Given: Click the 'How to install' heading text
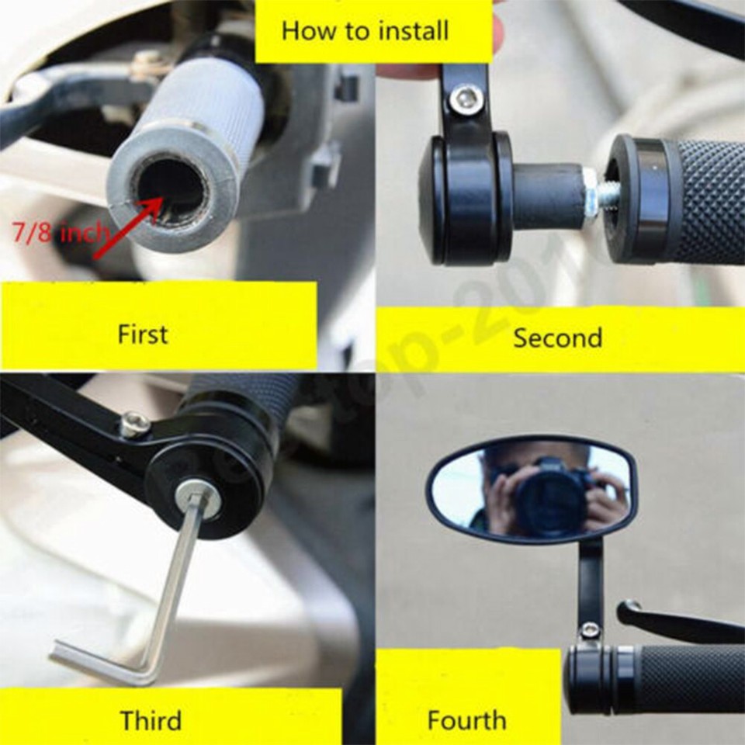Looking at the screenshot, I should point(365,31).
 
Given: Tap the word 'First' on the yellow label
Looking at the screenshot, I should point(142,334).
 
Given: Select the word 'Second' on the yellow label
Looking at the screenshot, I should point(557,338).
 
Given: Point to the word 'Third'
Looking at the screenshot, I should point(151,720).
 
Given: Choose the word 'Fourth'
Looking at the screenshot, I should point(466,720).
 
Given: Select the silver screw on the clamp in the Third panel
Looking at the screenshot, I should point(134,424).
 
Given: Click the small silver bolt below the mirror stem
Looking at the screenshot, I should point(591,630).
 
